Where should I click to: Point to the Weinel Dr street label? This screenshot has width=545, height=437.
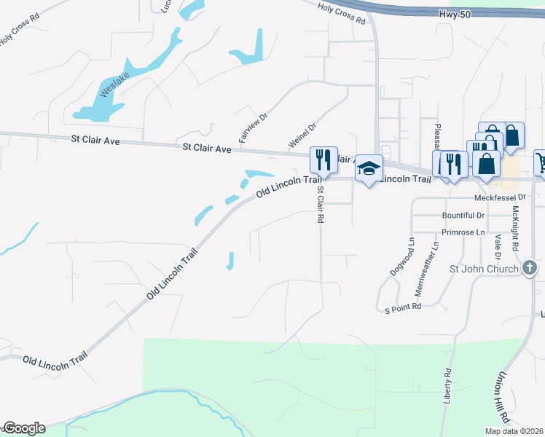(302, 136)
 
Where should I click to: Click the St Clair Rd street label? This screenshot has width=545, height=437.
(319, 204)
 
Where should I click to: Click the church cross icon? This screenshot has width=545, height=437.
(530, 269)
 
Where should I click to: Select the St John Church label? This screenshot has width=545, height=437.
(485, 269)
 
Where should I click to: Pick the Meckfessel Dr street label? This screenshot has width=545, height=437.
(499, 197)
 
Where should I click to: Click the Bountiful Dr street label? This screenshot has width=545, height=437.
(463, 216)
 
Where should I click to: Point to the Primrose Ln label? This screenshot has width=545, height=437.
(463, 232)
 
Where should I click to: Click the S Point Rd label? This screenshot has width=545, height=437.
(403, 308)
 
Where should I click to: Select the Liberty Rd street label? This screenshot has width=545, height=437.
(447, 386)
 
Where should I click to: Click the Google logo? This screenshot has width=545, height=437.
(23, 428)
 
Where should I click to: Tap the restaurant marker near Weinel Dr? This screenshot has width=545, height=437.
(321, 158)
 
